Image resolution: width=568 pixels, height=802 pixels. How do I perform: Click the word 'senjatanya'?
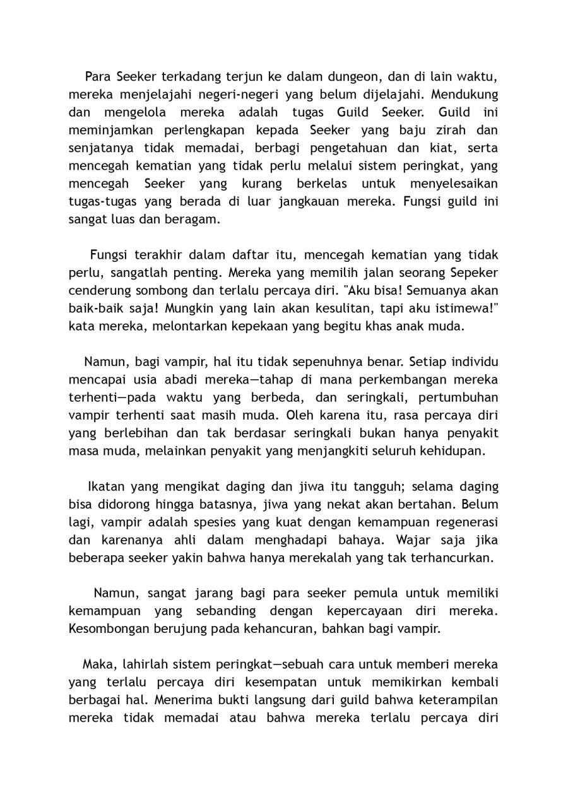point(100,148)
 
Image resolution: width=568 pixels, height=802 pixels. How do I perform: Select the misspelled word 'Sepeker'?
point(473,273)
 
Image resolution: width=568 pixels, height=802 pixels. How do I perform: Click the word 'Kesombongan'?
point(110,630)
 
